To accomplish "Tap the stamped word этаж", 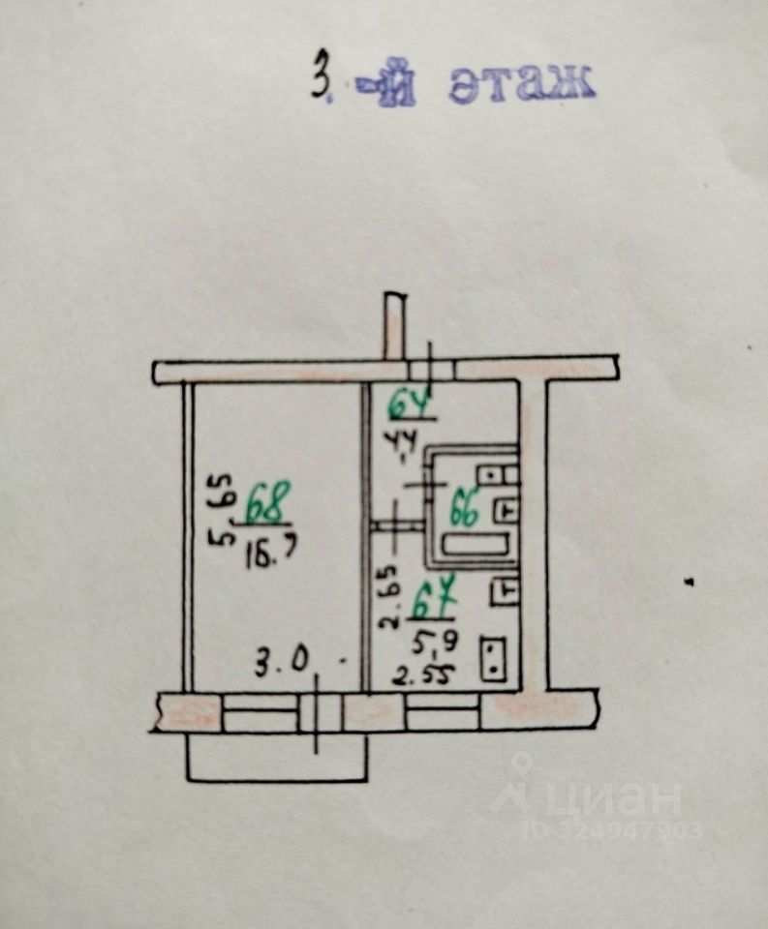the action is (x=521, y=86).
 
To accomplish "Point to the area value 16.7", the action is (x=270, y=554).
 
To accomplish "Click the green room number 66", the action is (x=465, y=510).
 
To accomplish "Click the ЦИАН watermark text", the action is (x=614, y=799).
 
